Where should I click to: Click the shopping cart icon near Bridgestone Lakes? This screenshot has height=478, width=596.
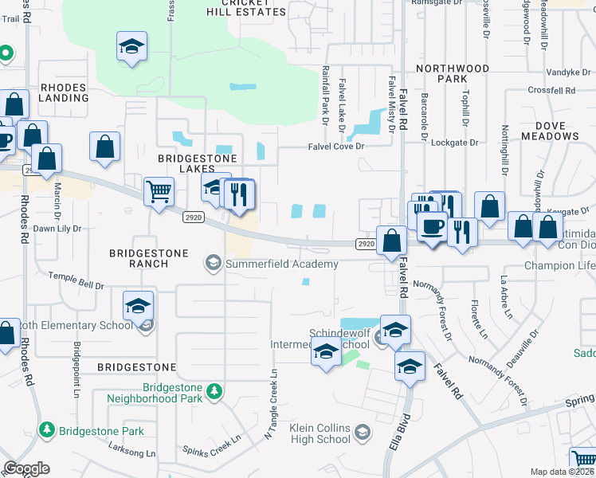tap(159, 190)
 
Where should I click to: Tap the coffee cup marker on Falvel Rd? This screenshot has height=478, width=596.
tap(431, 226)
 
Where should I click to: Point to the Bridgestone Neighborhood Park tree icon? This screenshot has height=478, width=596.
tap(214, 390)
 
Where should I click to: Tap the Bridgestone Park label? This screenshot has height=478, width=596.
tap(100, 431)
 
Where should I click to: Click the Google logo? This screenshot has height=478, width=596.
tap(26, 468)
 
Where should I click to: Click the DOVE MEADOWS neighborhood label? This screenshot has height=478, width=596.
tap(551, 131)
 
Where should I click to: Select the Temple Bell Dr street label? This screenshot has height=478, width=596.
tap(76, 280)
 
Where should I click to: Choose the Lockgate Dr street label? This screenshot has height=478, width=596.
tap(454, 143)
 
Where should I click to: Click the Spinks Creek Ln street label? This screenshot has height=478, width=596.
tap(211, 447)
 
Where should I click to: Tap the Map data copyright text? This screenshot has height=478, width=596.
tap(563, 472)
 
